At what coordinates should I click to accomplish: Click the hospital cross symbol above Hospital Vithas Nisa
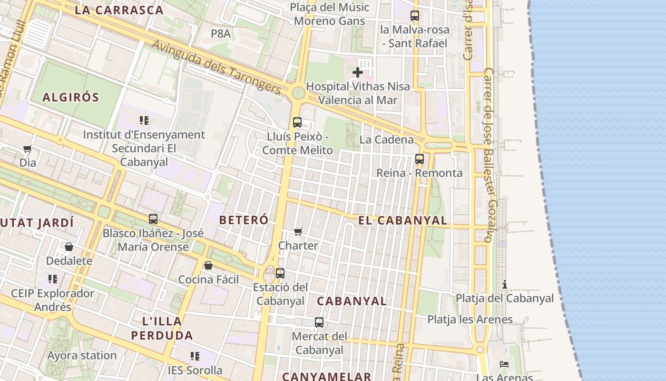[358, 72]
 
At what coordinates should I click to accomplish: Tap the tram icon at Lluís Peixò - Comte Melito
[297, 122]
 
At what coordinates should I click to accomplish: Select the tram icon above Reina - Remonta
[419, 159]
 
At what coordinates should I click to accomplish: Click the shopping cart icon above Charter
[298, 232]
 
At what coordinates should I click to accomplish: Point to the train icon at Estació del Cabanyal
[280, 273]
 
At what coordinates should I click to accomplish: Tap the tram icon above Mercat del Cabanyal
[319, 322]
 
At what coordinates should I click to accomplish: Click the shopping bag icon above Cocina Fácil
[208, 265]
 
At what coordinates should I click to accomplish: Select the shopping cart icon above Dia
[27, 149]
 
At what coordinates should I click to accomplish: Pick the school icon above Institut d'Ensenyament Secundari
[144, 120]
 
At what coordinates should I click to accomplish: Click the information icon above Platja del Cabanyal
[505, 285]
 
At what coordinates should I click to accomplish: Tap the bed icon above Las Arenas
[504, 364]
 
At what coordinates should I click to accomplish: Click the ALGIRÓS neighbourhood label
[71, 98]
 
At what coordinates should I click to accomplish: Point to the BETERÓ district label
[244, 220]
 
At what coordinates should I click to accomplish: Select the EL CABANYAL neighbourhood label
[402, 221]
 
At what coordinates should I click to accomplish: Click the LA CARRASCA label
[119, 10]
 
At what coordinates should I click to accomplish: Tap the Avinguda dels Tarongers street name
[217, 67]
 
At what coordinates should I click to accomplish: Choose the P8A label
[221, 33]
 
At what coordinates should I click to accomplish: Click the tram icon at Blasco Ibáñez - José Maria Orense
[153, 219]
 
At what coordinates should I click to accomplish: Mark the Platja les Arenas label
[470, 320]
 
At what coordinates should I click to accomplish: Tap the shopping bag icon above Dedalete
[69, 247]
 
